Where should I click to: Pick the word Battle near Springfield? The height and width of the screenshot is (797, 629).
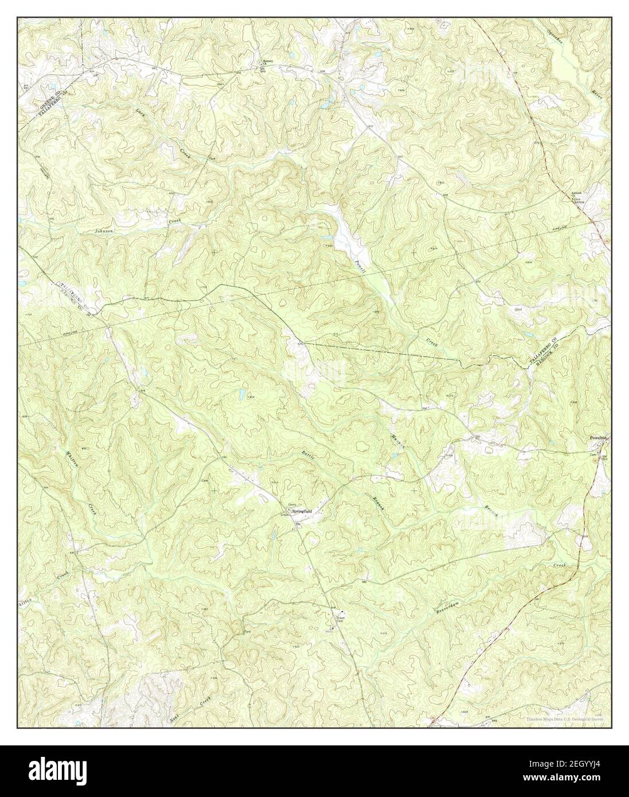click(x=308, y=455)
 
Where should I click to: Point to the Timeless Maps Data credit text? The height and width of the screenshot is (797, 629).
click(x=565, y=718)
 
